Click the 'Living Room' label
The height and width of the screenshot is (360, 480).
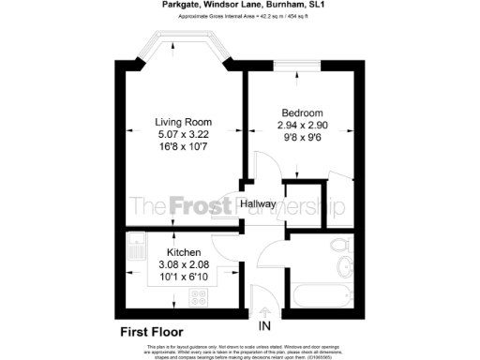[183, 122]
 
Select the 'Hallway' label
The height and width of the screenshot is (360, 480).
[257, 203]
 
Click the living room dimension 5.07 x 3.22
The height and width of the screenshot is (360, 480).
[183, 134]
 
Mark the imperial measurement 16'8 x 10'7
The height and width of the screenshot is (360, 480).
[183, 146]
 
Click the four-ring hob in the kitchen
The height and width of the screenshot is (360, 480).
[200, 298]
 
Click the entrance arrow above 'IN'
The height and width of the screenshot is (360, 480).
[265, 310]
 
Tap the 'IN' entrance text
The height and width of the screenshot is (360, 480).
[265, 326]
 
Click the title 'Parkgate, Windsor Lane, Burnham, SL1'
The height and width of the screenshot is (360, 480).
[239, 6]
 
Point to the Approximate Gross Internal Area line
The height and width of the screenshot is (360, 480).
[239, 17]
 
